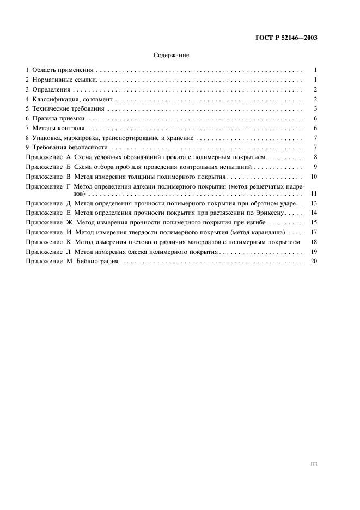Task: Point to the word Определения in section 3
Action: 52,89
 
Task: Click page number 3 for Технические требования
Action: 315,108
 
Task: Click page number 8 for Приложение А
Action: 315,157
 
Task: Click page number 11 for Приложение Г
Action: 313,193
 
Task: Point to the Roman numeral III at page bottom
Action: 313,465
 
